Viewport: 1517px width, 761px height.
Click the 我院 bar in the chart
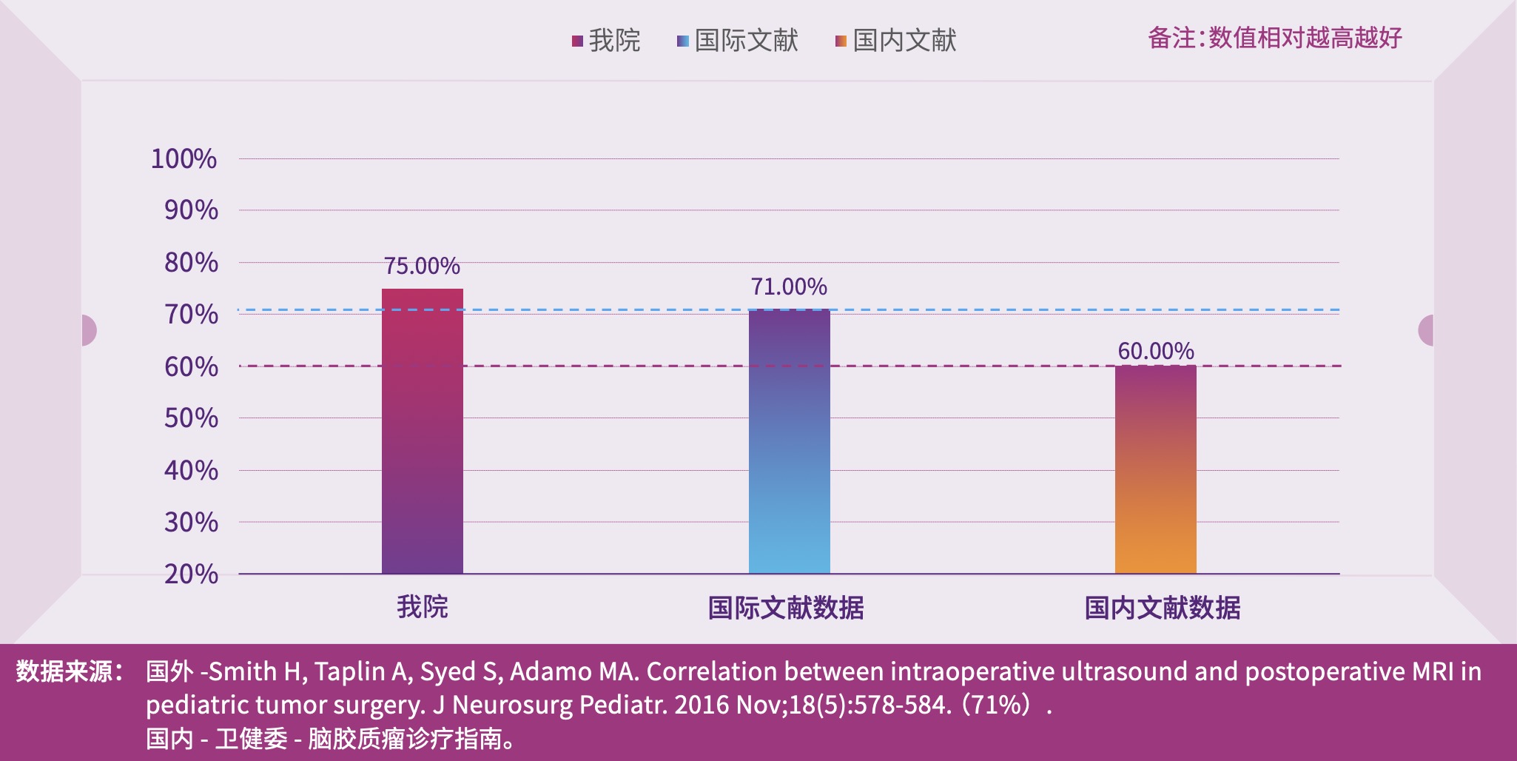(x=422, y=431)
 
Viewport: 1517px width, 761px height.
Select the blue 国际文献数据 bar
(x=789, y=441)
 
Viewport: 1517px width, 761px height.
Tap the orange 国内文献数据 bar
(x=1155, y=469)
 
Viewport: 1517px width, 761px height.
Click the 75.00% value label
(x=422, y=266)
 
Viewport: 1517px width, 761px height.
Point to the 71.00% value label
(x=789, y=286)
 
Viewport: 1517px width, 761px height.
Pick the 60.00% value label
(x=1156, y=351)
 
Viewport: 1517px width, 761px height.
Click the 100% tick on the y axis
(x=184, y=158)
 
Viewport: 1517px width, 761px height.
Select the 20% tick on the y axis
(x=191, y=574)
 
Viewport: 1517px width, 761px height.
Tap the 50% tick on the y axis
(x=191, y=418)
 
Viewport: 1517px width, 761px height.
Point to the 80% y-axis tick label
(x=191, y=262)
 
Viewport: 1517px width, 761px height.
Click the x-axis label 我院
(x=423, y=607)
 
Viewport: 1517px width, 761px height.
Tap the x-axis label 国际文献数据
(x=786, y=608)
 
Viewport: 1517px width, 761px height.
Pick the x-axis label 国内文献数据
(x=1163, y=608)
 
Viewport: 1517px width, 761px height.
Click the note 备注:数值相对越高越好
(x=1274, y=38)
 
